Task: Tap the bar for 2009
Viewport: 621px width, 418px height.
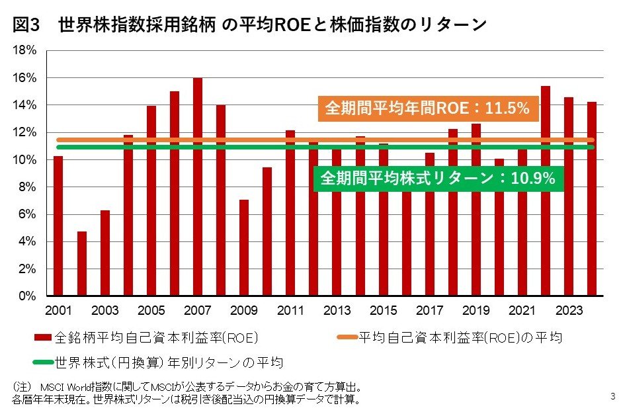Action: coord(244,247)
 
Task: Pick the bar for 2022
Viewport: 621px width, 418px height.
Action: coord(546,191)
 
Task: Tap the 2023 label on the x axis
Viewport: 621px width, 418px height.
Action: coord(569,311)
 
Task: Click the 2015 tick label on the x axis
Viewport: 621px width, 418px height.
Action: coord(384,311)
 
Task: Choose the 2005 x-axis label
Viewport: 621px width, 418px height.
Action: coord(151,311)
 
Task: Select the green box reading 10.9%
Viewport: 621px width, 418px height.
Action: coord(438,178)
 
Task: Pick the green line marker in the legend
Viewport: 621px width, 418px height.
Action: coord(44,362)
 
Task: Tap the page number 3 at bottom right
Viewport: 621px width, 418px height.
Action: coord(612,397)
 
